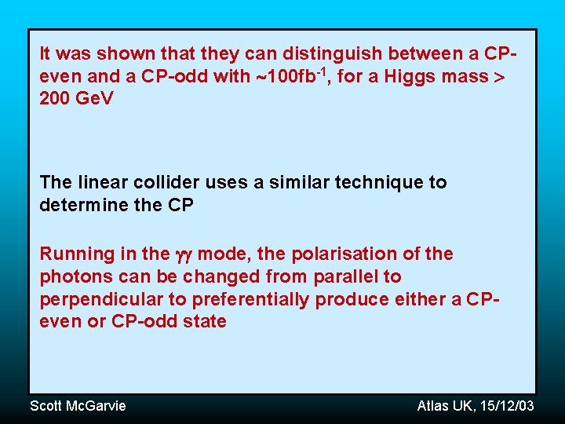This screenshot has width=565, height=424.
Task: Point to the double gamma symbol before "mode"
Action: tap(184, 254)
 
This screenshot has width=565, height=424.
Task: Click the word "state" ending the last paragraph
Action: tap(206, 321)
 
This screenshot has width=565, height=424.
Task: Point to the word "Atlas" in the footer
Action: tap(432, 405)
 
